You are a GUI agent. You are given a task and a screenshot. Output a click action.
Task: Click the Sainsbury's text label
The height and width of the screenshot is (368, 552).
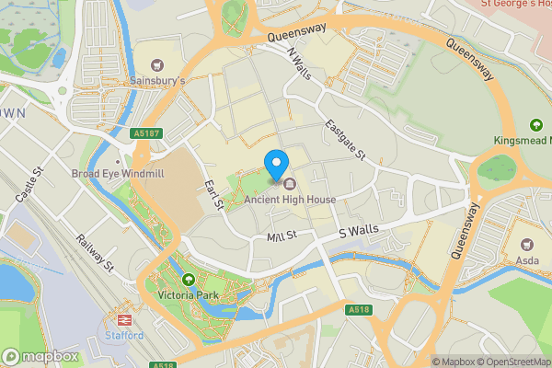[156, 82]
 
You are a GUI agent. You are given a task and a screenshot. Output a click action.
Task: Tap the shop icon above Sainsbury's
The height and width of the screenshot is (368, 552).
[156, 64]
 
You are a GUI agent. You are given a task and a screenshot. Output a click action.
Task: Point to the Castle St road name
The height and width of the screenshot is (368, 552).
[29, 185]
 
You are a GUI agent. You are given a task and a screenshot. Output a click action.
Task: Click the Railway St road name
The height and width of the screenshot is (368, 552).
[95, 253]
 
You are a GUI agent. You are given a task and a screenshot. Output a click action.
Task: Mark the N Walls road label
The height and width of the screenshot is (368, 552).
[300, 65]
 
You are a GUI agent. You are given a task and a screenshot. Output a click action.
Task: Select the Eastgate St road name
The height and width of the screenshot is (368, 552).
[346, 140]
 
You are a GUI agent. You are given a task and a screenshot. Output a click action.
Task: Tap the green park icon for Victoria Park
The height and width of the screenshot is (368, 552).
[189, 280]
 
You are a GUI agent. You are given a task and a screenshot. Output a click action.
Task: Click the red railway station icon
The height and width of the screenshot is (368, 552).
[121, 319]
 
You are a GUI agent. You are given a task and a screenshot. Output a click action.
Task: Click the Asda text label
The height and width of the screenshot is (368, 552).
[526, 261]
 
